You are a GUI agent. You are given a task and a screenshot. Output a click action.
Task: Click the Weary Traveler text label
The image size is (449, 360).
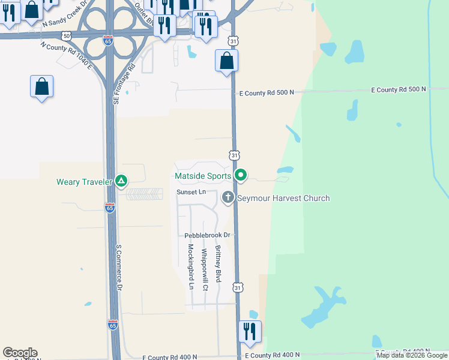[84, 182]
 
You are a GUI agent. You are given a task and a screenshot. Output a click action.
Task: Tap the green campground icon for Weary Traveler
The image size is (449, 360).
[121, 181]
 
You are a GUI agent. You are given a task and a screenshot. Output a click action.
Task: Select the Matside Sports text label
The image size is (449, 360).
[202, 176]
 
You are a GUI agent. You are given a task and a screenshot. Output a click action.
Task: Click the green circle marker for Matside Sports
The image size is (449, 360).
[241, 175]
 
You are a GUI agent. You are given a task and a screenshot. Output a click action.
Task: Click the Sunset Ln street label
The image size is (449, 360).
[191, 192]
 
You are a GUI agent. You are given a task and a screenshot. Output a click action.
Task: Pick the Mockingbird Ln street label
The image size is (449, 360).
[190, 266]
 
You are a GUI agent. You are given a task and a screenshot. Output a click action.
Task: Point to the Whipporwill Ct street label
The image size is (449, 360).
[205, 270]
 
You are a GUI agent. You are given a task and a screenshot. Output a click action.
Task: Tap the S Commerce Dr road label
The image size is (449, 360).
[119, 268]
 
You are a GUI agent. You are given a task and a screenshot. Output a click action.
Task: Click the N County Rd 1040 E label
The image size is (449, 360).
[66, 55]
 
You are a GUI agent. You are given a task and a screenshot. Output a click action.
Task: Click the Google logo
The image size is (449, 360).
[20, 353]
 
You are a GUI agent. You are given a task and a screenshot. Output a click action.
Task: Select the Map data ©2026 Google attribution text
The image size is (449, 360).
[412, 355]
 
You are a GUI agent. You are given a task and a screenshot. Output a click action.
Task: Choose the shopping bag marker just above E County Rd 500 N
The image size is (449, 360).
[227, 61]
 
